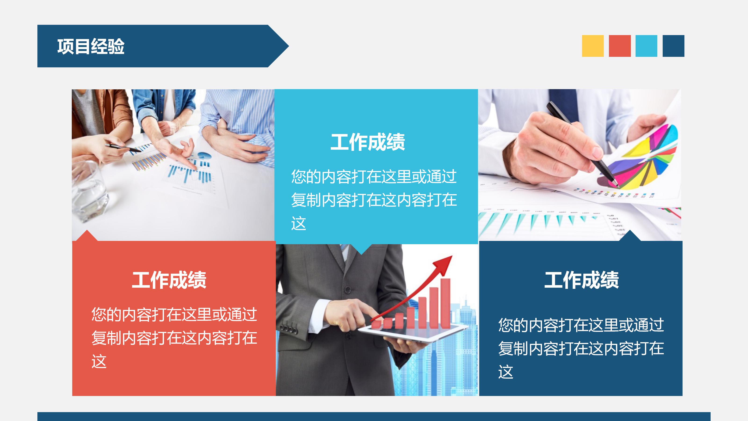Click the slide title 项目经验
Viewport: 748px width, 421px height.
91,47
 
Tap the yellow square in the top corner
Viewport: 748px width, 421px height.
593,46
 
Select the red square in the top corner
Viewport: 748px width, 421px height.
620,46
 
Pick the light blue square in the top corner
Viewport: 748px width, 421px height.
646,46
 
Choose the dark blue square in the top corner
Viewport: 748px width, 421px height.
673,46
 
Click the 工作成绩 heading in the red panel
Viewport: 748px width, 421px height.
169,280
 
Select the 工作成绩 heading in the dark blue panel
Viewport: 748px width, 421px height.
581,280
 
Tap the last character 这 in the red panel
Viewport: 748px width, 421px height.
99,361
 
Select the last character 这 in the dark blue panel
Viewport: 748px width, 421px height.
506,372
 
